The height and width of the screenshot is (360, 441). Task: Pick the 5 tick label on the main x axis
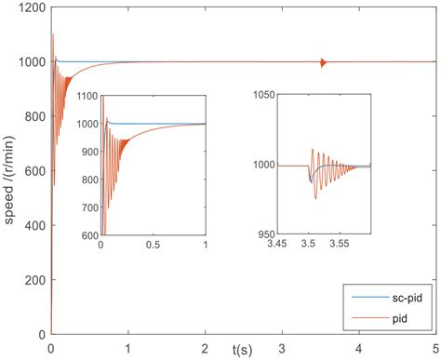434,346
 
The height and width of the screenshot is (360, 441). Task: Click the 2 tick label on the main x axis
204,346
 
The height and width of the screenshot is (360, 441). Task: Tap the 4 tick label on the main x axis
357,346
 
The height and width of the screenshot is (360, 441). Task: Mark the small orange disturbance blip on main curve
322,62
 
